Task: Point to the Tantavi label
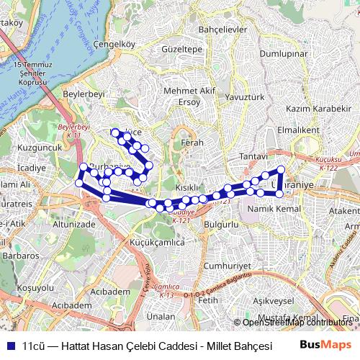253,156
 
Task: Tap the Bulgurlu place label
221,225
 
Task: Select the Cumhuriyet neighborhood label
221,266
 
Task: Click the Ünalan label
156,316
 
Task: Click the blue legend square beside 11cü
9,345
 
